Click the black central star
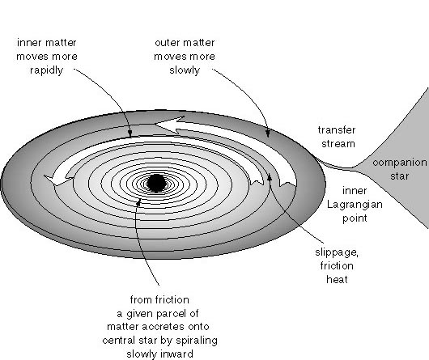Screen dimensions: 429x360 pos(156,183)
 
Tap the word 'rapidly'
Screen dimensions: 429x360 pos(46,70)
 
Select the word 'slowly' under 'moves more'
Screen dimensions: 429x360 pos(185,70)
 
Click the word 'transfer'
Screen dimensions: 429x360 pos(337,129)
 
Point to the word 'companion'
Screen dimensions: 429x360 pos(400,163)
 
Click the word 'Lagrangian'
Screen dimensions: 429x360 pos(355,205)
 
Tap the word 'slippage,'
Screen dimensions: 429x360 pos(337,252)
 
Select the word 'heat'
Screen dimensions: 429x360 pos(337,279)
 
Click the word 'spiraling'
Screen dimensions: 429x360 pos(197,341)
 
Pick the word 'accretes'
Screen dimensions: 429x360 pos(163,327)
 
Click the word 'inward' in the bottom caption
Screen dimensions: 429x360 pos(176,354)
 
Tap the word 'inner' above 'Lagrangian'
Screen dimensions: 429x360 pos(355,191)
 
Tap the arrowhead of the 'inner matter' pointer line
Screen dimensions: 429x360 pos(130,134)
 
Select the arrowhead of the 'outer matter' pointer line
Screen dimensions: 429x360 pos(268,133)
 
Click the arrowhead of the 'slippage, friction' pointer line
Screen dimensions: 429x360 pos(270,178)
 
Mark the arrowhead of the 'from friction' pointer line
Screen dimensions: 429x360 pos(138,202)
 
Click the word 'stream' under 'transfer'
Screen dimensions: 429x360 pos(338,143)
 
